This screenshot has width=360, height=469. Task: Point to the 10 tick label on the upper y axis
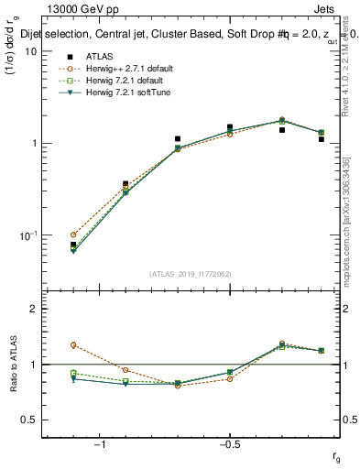click(30, 52)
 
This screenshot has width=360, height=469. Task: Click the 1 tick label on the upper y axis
click(33, 144)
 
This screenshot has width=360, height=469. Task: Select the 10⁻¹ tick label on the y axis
click(27, 235)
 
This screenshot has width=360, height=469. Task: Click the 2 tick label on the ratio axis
click(33, 309)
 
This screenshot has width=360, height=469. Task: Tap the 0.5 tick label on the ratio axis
click(28, 420)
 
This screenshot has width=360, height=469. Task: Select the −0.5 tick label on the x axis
click(229, 445)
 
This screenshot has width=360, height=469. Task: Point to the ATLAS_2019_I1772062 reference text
click(191, 274)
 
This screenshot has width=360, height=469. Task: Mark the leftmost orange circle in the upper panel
click(73, 234)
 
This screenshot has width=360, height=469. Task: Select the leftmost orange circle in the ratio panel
click(73, 345)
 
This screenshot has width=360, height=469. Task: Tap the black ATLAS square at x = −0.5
click(230, 127)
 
